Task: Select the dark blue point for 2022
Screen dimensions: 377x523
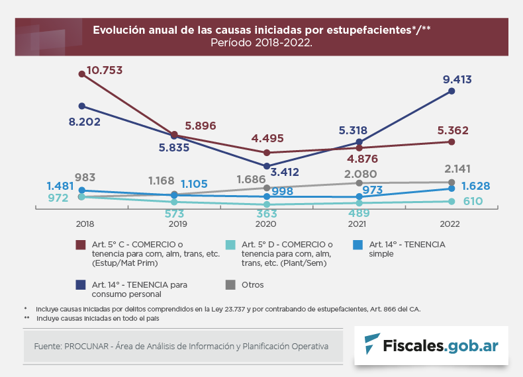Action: click(x=452, y=91)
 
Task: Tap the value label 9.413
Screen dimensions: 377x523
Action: click(x=457, y=80)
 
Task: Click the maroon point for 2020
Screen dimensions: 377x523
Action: click(x=267, y=152)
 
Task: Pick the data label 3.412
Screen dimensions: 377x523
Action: click(x=285, y=172)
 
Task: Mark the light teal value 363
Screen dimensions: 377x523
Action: click(x=267, y=214)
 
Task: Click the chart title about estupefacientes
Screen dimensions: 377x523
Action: click(x=261, y=30)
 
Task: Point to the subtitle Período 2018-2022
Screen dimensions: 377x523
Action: click(x=261, y=42)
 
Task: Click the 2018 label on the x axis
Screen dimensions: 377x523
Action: click(x=84, y=224)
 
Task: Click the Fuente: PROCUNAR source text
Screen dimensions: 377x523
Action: click(x=181, y=346)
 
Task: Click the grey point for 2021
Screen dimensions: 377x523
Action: click(x=359, y=183)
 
